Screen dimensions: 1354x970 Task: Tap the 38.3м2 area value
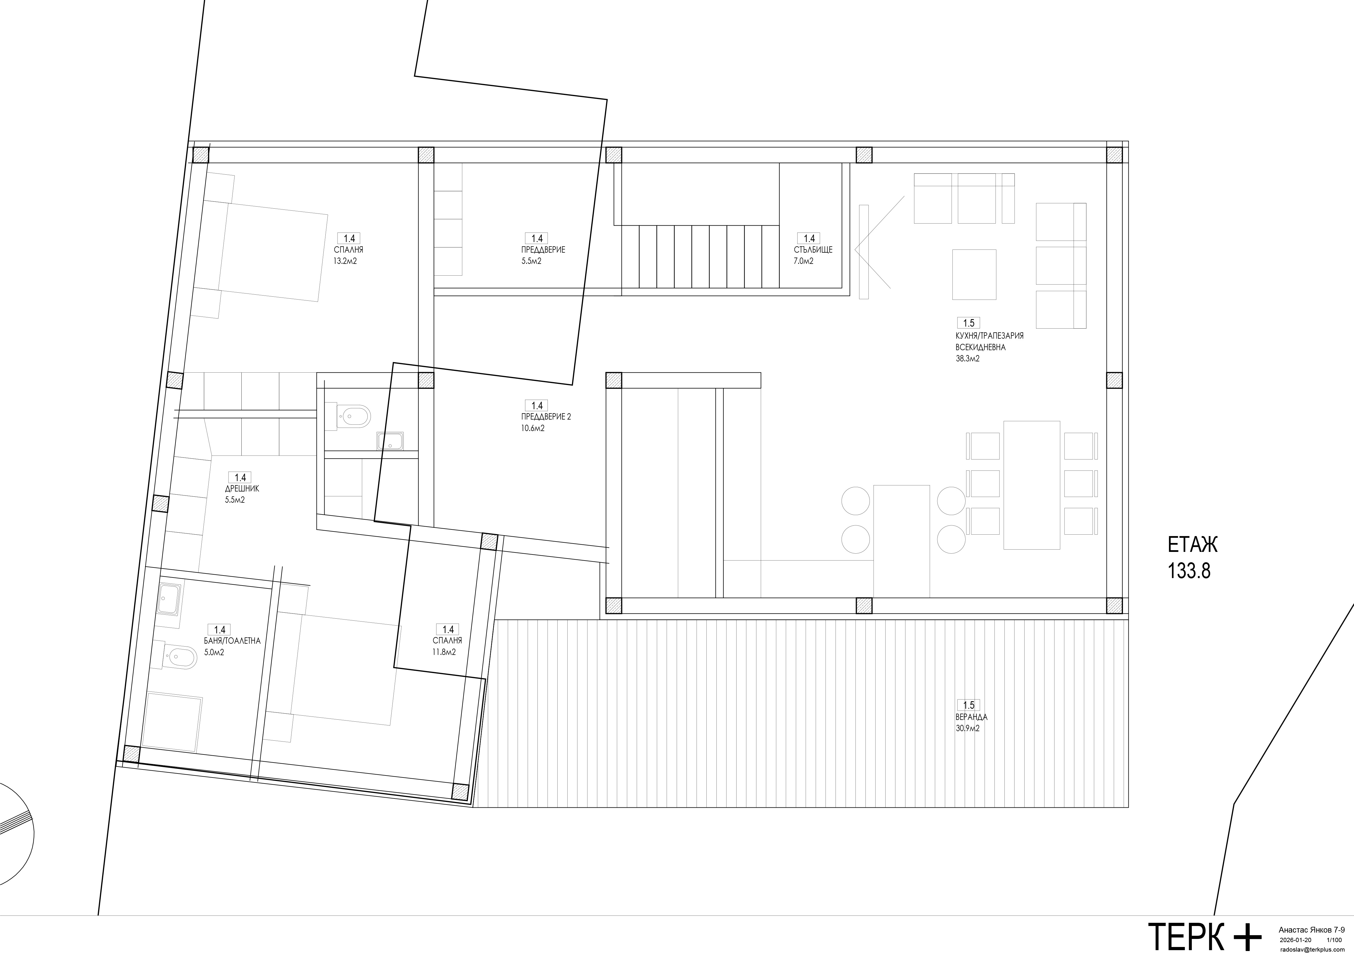click(968, 359)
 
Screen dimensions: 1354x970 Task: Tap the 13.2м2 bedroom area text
click(346, 261)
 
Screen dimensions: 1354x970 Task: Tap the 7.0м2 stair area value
click(804, 261)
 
